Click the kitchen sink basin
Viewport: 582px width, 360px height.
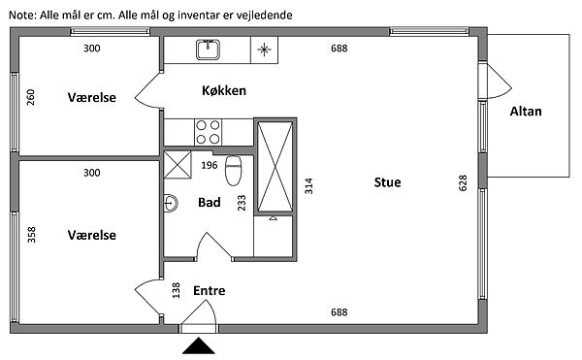(x=208, y=49)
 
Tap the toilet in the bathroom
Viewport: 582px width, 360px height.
(x=234, y=171)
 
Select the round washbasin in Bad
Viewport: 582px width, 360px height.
(x=171, y=203)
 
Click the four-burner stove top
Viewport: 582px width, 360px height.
(x=208, y=132)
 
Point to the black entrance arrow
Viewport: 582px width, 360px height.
(x=199, y=345)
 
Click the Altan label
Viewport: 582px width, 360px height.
(x=526, y=112)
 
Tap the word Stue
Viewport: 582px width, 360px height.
(x=387, y=182)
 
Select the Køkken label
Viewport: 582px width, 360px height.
(x=224, y=90)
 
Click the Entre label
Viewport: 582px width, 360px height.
(x=209, y=290)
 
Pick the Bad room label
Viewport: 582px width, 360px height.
(x=210, y=202)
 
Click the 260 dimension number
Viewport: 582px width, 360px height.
(x=31, y=97)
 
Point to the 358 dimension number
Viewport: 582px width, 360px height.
(x=32, y=235)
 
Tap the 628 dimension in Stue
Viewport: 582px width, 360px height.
(x=463, y=183)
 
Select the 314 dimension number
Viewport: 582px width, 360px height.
(x=308, y=186)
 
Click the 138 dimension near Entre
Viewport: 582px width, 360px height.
(x=177, y=290)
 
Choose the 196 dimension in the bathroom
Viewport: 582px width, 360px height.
(x=210, y=165)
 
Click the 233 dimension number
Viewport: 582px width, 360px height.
(x=242, y=203)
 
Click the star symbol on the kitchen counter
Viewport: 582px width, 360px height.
(x=264, y=49)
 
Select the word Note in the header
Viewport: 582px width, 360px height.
(x=22, y=16)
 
